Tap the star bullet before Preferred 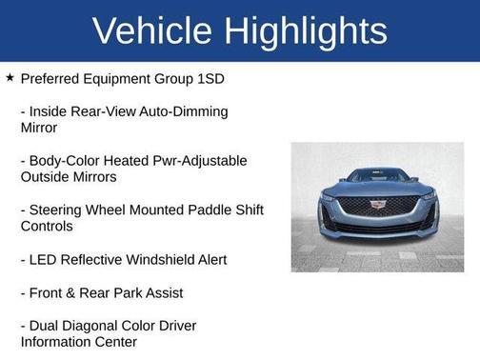point(10,77)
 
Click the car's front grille point(377,208)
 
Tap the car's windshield point(377,176)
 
